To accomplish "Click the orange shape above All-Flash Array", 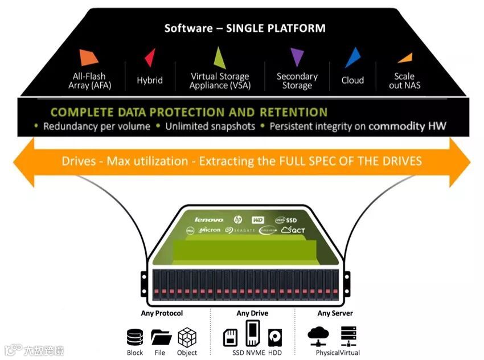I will (x=88, y=58).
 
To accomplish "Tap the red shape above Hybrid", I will (x=150, y=58).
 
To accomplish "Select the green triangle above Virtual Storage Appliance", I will (x=219, y=58).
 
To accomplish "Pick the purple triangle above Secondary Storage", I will (x=297, y=57).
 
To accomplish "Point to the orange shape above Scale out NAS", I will (x=405, y=58).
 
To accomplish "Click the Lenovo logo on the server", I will (x=208, y=219).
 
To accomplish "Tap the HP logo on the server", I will (x=238, y=219).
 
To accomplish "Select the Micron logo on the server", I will (x=210, y=230).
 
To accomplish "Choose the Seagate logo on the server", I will (x=241, y=230).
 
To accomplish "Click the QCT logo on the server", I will (x=293, y=230).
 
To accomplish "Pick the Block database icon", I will (x=135, y=338).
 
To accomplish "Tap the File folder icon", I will (x=161, y=337).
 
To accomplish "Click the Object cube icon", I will (x=187, y=338).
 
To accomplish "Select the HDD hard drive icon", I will (x=275, y=337).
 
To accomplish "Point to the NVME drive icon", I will (x=252, y=334).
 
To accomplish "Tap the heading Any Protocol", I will (x=163, y=313).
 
